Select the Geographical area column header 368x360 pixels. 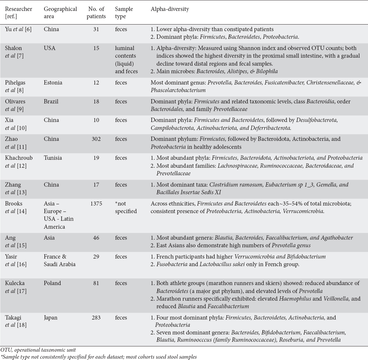(x=60, y=13)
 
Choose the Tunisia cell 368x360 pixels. (x=53, y=158)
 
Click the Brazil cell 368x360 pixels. (x=51, y=101)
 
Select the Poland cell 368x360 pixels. (x=52, y=283)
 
